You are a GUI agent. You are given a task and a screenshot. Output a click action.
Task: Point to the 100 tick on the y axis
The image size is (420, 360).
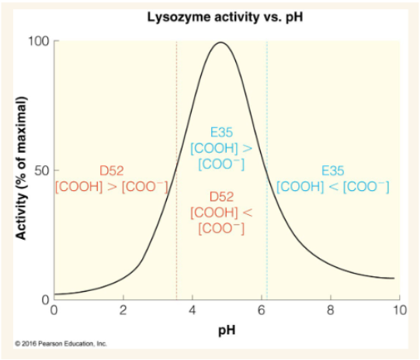click(39, 40)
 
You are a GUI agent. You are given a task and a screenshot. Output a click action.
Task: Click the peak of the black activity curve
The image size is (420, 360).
click(221, 43)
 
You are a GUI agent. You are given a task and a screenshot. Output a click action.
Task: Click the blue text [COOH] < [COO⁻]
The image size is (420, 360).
click(333, 186)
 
